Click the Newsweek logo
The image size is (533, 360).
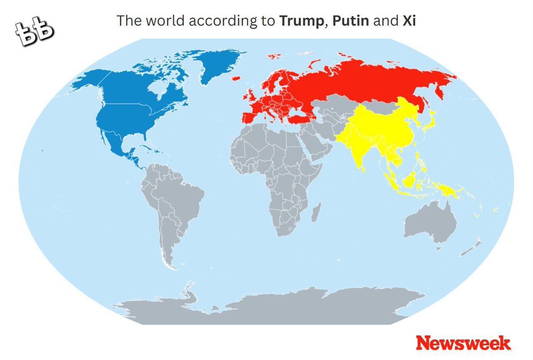point(463,343)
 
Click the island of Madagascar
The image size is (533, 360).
point(316,212)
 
